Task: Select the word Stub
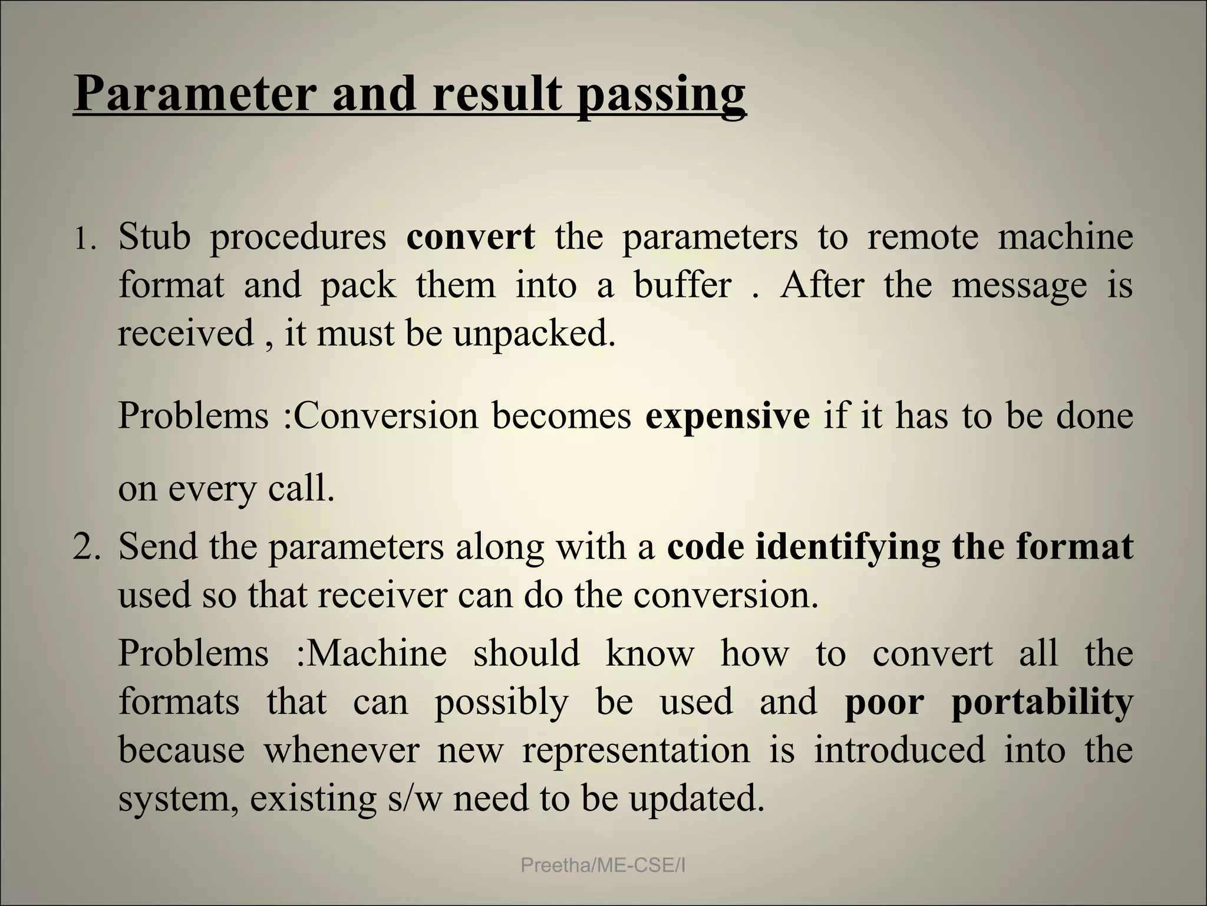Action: pyautogui.click(x=154, y=237)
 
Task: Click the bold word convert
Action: pyautogui.click(x=470, y=237)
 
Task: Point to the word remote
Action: pyautogui.click(x=922, y=237)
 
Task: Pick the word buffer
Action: pyautogui.click(x=682, y=285)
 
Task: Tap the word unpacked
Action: pyautogui.click(x=533, y=334)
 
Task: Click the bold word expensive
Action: pyautogui.click(x=727, y=416)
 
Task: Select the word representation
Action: pyautogui.click(x=636, y=751)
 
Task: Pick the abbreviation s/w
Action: pyautogui.click(x=414, y=799)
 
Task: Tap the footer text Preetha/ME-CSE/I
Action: pyautogui.click(x=603, y=866)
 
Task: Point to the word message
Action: pyautogui.click(x=1019, y=287)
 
